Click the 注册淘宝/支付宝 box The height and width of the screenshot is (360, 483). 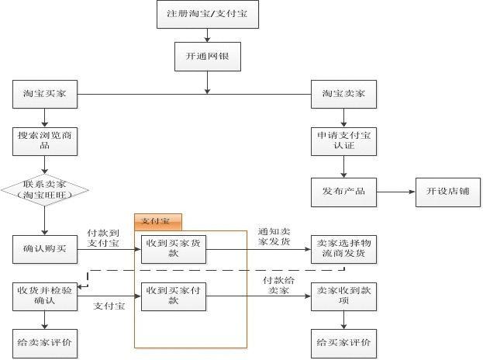point(207,15)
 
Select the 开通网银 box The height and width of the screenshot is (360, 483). point(207,57)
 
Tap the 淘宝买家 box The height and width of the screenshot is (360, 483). point(45,95)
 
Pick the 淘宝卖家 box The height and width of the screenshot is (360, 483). point(343,95)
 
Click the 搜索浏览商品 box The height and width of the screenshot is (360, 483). point(45,139)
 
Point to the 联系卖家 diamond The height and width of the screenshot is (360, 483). point(45,189)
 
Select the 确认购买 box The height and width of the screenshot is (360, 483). point(45,248)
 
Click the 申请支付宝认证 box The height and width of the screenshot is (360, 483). point(343,140)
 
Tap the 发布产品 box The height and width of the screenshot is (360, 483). point(343,190)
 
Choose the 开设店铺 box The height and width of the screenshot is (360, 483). point(449,190)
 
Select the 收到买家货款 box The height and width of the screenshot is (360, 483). point(173,248)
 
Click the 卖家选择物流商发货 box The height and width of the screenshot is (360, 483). point(343,248)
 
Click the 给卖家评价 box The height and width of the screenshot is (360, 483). point(45,341)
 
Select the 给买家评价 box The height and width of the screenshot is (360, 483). point(343,341)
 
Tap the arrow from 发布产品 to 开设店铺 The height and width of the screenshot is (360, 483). point(395,190)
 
